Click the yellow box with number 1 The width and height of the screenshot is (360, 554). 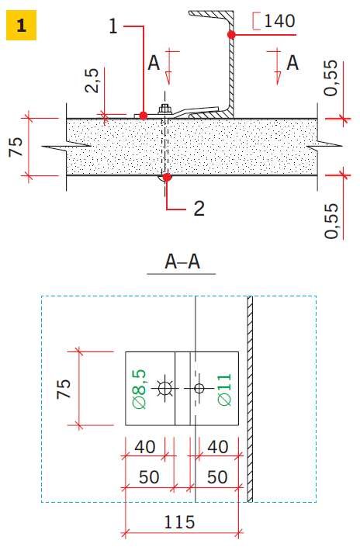click(21, 25)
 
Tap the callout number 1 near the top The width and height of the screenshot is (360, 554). click(113, 26)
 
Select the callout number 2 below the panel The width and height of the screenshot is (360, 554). click(199, 208)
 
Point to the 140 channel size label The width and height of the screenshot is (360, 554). click(279, 21)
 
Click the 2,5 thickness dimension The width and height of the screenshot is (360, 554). click(92, 80)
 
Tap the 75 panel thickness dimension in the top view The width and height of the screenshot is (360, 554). click(16, 147)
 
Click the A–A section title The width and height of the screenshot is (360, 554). click(182, 261)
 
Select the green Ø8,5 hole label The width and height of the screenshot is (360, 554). click(139, 389)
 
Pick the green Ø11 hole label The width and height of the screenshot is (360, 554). click(224, 389)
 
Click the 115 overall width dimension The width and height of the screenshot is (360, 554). click(179, 522)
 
